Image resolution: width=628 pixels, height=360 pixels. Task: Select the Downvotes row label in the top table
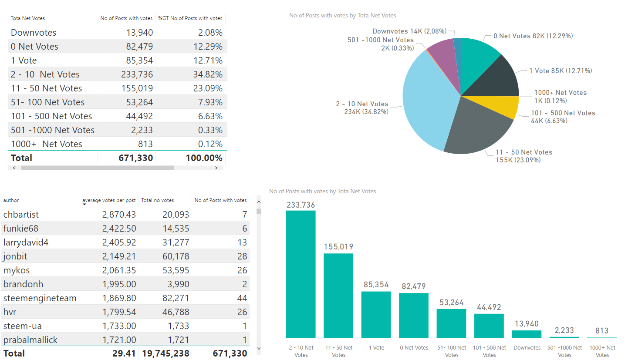[x=34, y=33]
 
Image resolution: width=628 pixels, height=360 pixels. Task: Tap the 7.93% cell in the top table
[x=208, y=102]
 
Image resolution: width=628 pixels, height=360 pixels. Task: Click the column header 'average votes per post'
[x=109, y=200]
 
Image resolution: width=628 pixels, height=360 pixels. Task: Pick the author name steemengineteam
[x=40, y=298]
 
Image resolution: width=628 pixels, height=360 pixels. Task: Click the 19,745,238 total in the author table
[x=165, y=353]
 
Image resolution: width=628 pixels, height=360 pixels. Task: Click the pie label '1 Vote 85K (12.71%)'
[x=560, y=71]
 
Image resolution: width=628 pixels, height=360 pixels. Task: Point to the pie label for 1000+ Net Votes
[x=560, y=97]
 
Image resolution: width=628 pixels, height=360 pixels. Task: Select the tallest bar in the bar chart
[x=300, y=274]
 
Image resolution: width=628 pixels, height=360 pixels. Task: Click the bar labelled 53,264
[x=451, y=323]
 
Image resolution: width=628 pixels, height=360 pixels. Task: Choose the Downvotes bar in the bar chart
[x=527, y=334]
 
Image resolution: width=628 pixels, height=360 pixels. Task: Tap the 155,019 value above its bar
[x=338, y=247]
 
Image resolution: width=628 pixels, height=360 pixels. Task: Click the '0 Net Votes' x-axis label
[x=414, y=348]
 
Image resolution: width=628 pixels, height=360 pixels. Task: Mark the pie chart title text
[x=342, y=16]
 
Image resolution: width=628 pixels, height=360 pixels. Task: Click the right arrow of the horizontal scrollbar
[x=216, y=168]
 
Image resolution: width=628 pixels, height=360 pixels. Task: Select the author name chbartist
[x=21, y=215]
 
